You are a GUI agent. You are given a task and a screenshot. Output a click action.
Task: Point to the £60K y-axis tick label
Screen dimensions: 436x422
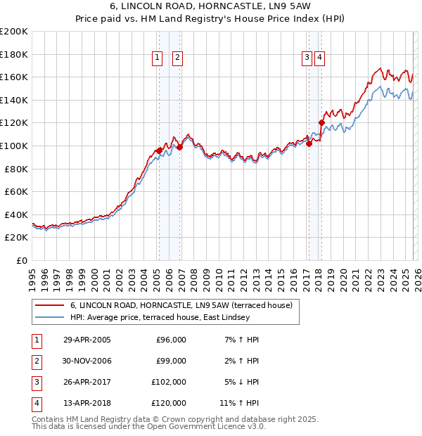click(x=16, y=191)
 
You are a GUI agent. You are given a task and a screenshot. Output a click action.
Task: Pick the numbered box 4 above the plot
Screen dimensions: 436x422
click(x=319, y=58)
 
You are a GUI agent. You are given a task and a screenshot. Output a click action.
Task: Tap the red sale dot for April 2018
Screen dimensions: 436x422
click(x=321, y=123)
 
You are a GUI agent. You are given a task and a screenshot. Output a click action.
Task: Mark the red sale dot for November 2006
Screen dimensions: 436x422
click(x=179, y=147)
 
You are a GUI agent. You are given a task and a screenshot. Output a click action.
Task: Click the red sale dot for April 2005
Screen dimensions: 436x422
click(x=160, y=150)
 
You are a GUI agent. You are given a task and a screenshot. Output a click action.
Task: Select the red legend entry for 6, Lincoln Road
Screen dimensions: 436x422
click(x=165, y=305)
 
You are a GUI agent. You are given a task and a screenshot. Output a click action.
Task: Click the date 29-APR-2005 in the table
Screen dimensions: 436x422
click(x=87, y=340)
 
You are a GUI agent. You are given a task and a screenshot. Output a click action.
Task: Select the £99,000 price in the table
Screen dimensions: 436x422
click(x=171, y=361)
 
